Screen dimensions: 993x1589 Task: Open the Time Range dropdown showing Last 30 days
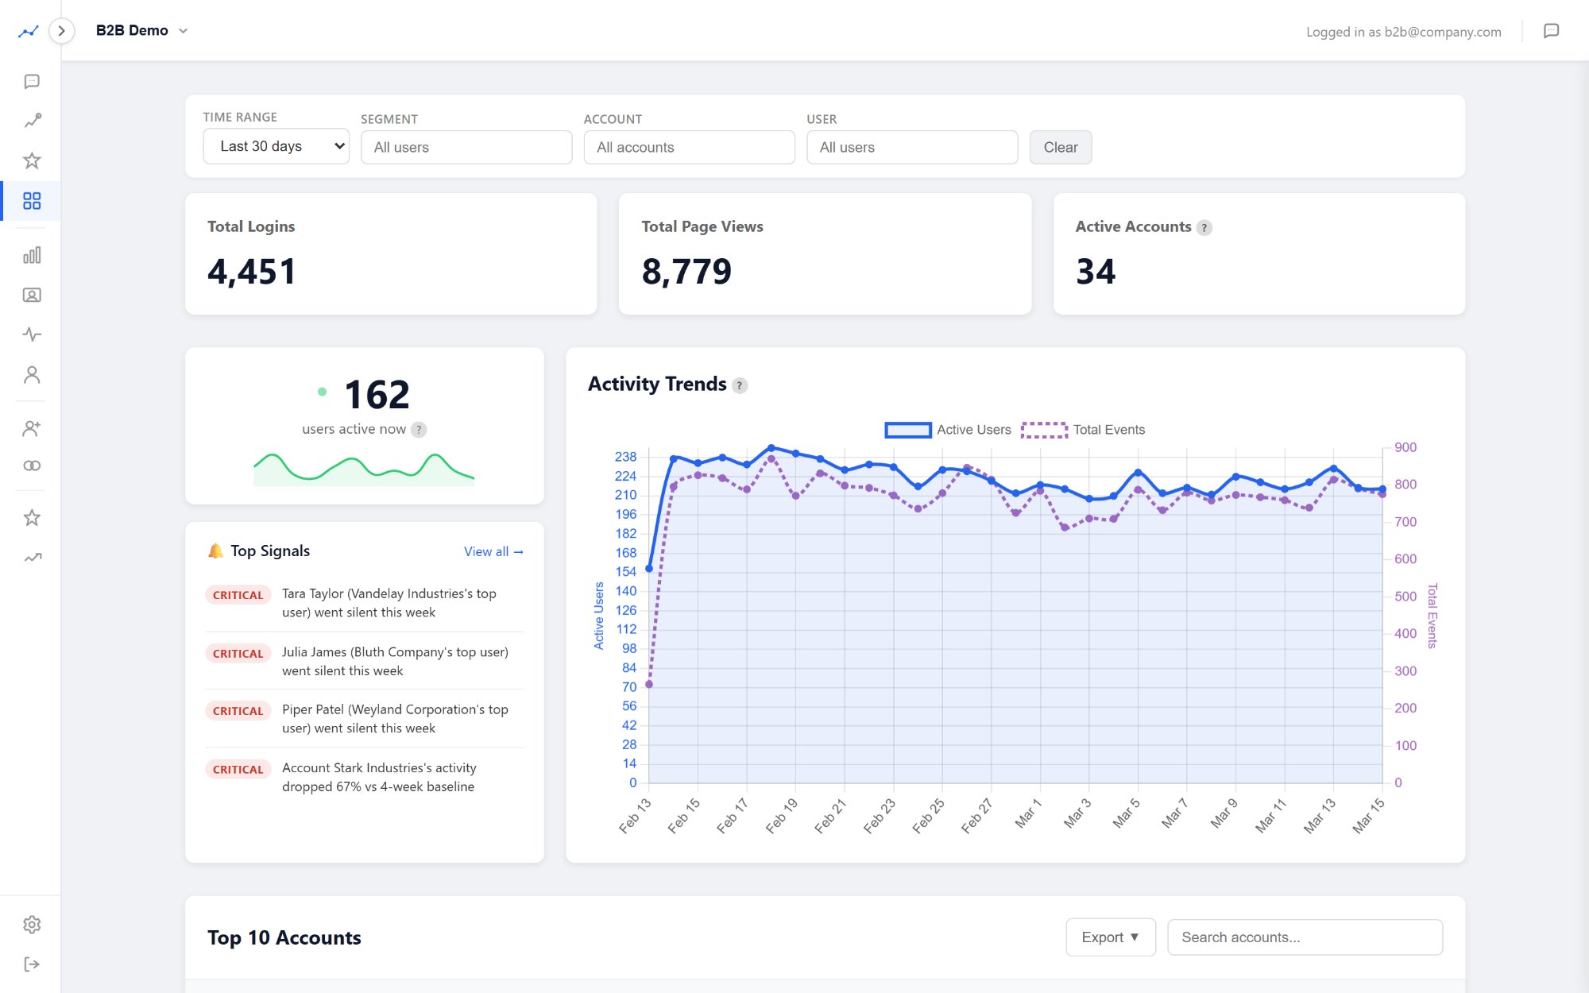click(276, 146)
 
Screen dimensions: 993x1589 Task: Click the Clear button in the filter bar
click(1060, 148)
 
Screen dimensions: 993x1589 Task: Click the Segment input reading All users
click(466, 148)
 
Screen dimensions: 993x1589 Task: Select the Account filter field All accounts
click(689, 148)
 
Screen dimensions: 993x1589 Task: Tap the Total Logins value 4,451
click(252, 272)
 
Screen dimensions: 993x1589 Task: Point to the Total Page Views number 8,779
click(686, 272)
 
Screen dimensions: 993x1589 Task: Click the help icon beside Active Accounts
click(1204, 228)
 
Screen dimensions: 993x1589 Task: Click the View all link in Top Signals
click(493, 551)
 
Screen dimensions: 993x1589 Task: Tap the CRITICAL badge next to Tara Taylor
click(238, 595)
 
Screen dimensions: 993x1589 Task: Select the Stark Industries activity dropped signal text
click(379, 777)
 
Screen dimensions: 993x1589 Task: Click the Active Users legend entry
click(948, 430)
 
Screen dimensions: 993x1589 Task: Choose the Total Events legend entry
click(1084, 430)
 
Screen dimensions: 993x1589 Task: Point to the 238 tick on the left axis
click(625, 457)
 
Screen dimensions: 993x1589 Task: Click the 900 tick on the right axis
click(1405, 447)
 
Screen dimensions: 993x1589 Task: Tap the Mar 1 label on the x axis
click(1028, 814)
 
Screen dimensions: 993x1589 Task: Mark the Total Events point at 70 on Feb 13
click(649, 684)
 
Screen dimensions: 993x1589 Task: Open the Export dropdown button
click(1110, 937)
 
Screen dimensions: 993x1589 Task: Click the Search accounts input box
click(1305, 937)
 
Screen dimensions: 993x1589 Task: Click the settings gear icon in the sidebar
click(32, 925)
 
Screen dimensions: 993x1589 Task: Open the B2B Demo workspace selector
click(141, 30)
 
